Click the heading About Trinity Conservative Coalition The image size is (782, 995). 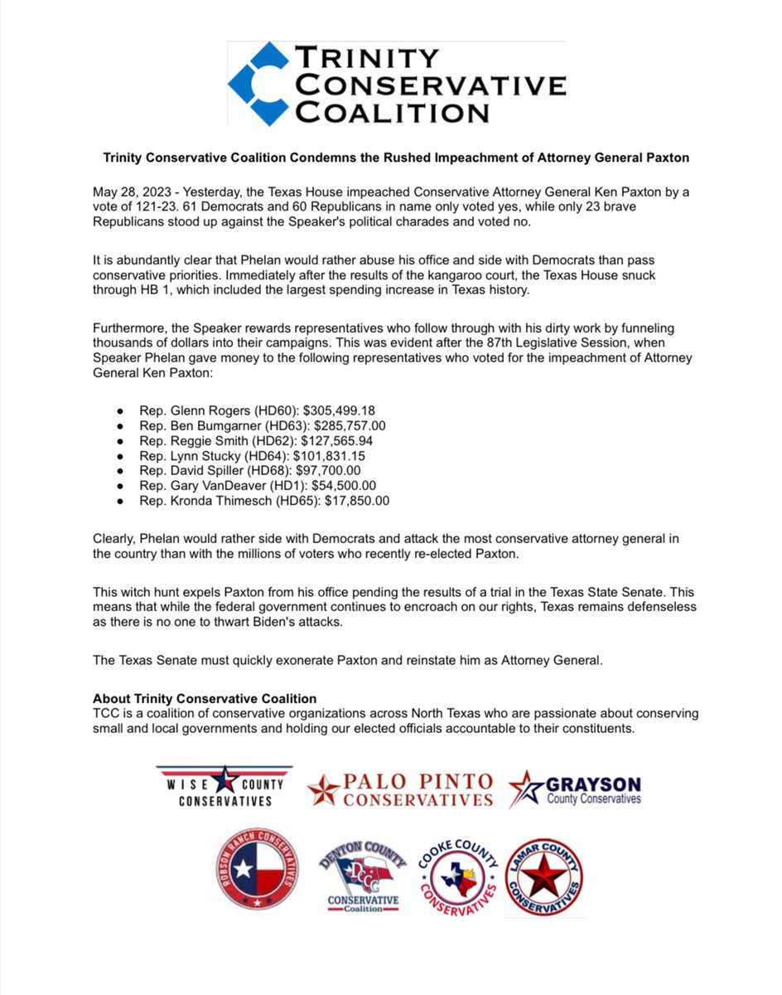pyautogui.click(x=205, y=699)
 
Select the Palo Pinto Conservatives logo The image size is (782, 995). pyautogui.click(x=400, y=789)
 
